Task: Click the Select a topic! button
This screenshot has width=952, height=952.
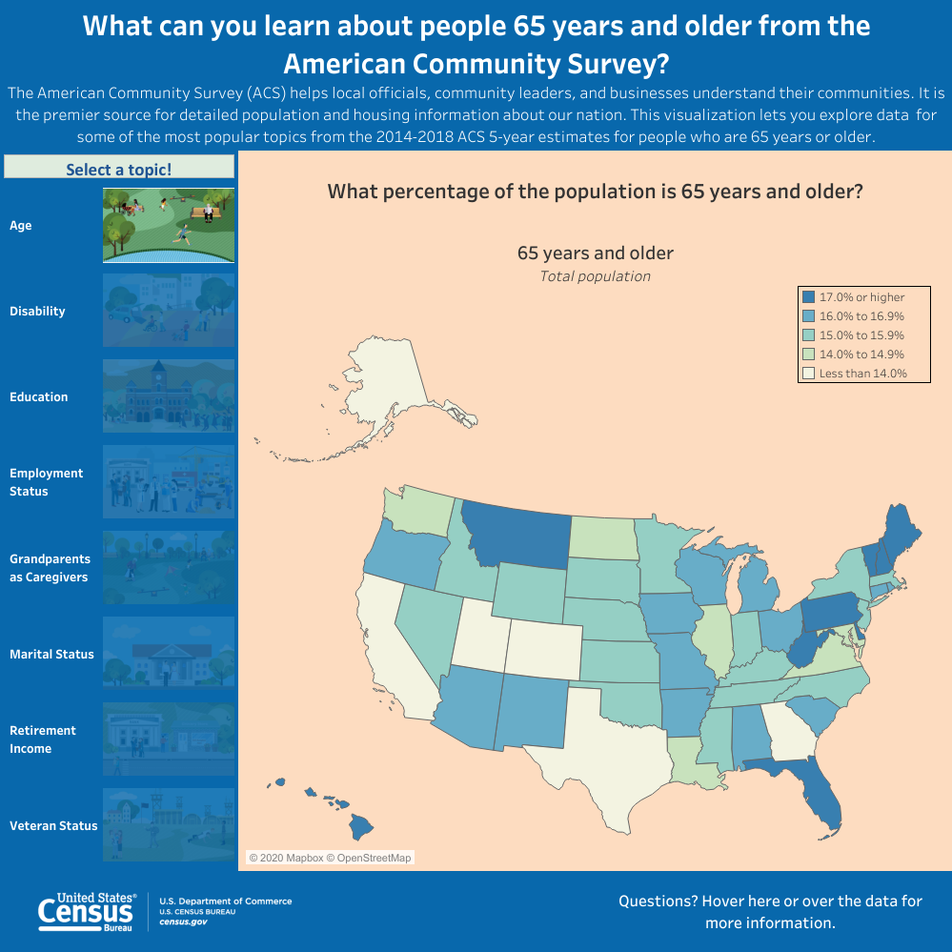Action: pos(119,169)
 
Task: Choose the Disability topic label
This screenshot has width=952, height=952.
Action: pos(37,312)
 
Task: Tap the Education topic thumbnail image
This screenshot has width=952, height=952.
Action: pos(169,396)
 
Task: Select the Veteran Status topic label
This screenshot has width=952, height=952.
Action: pos(53,825)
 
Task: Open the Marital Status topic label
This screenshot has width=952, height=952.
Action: pos(51,654)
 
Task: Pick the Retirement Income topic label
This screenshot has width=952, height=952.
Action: pos(43,739)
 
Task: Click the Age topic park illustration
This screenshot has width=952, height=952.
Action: pos(169,225)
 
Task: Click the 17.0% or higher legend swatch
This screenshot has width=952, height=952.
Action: pos(808,297)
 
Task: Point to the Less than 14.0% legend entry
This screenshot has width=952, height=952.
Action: pos(862,374)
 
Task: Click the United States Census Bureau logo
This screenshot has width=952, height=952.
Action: pos(87,912)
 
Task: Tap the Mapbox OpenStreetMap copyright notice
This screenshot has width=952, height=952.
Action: pos(330,858)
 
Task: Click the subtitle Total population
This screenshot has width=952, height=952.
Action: pos(595,276)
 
